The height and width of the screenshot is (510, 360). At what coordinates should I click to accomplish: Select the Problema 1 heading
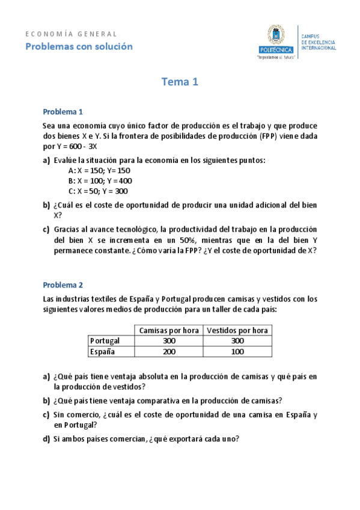(63, 112)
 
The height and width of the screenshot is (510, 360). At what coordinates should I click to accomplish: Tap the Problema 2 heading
(63, 285)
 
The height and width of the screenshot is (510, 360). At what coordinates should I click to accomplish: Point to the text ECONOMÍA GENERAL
(72, 34)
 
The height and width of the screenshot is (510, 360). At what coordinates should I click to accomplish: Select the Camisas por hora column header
(169, 330)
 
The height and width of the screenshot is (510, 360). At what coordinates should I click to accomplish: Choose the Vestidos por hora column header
(237, 330)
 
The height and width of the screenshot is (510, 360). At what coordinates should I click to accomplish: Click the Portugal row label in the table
(105, 341)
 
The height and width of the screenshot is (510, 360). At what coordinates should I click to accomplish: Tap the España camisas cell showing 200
(169, 352)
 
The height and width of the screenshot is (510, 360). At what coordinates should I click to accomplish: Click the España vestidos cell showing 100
(237, 352)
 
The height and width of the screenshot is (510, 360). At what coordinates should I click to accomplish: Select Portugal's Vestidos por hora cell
(237, 341)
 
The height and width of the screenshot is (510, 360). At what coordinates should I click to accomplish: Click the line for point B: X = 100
(100, 180)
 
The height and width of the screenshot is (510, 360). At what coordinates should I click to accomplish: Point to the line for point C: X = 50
(98, 191)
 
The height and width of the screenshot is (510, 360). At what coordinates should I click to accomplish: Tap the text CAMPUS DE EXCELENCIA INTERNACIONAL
(319, 42)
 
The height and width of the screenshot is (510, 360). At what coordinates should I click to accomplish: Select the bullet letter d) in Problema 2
(46, 438)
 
